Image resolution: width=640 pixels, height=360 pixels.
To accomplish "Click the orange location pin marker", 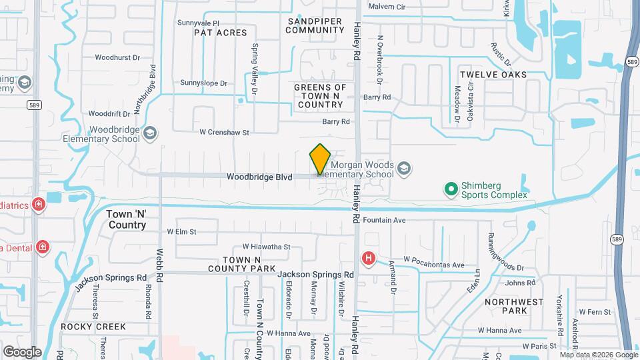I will click(321, 159).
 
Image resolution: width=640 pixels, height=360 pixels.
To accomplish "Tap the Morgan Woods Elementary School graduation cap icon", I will click(403, 169).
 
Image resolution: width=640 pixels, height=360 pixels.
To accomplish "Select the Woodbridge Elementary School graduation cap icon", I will click(151, 133).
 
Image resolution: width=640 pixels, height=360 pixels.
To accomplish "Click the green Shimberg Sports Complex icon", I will click(451, 190).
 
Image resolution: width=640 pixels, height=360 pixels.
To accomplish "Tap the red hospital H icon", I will click(367, 258).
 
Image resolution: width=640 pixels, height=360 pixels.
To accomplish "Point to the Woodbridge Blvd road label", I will click(259, 177).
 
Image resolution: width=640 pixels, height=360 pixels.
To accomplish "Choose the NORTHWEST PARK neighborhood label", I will click(515, 306).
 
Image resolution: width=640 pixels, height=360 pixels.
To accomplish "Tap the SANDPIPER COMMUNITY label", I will click(315, 25).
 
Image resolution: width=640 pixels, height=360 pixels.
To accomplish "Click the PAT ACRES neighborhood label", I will click(220, 32).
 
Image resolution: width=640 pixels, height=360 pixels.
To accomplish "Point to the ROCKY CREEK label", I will click(93, 327).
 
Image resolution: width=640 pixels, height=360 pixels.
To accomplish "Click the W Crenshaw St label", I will click(219, 133).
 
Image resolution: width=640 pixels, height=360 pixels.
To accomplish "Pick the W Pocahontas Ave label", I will click(433, 265).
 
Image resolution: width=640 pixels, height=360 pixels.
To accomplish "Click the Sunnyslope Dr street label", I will click(204, 83).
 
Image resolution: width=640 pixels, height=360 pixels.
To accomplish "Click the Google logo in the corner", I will click(22, 351).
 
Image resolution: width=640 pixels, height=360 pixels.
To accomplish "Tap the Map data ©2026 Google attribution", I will click(598, 355).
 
